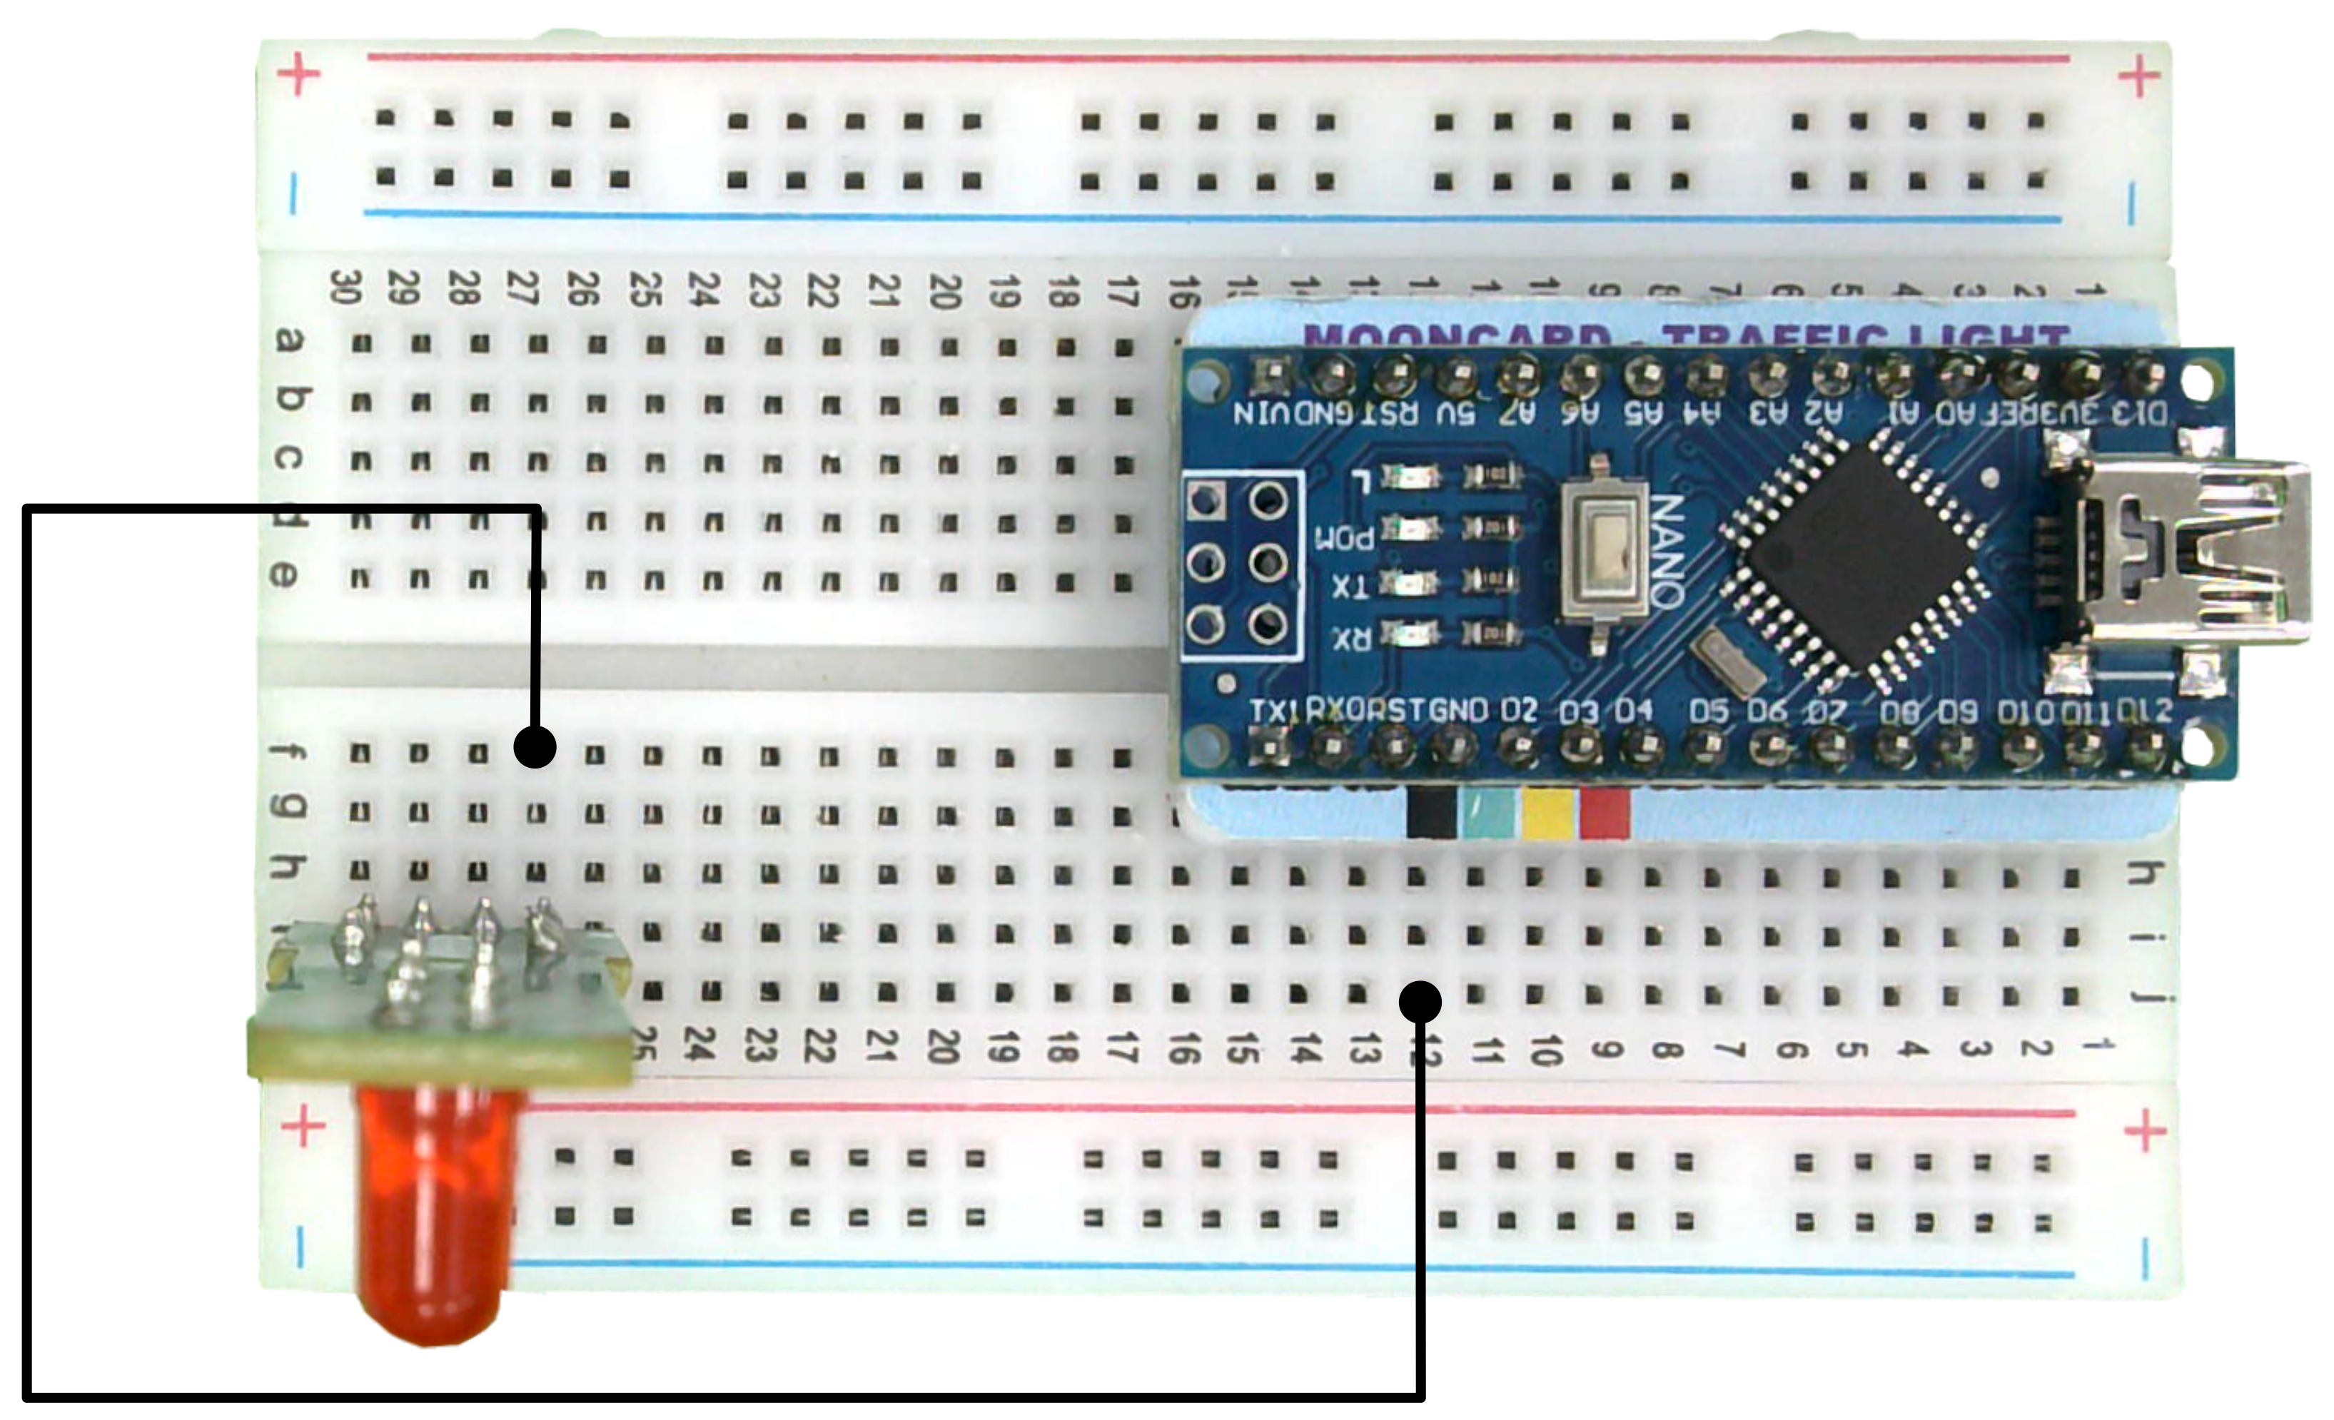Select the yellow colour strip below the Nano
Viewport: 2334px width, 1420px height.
tap(1547, 813)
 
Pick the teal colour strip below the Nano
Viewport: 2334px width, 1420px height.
tap(1490, 813)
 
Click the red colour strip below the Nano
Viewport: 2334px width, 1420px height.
tap(1605, 813)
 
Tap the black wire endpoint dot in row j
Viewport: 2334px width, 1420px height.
tap(1420, 1001)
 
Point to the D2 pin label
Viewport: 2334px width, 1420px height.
tap(1517, 711)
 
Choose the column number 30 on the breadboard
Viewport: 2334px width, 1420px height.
tap(345, 287)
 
